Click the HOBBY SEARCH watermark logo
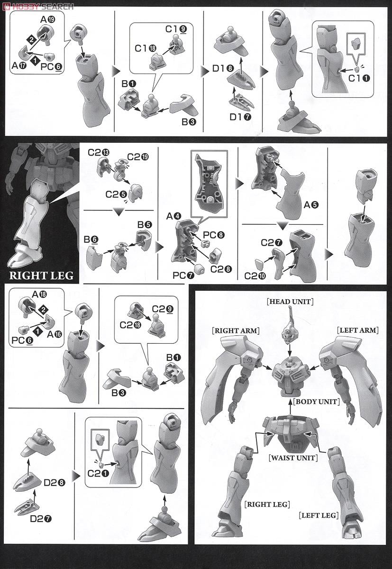click(x=38, y=6)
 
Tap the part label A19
click(x=48, y=19)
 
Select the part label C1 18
click(x=145, y=48)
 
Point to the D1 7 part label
click(x=240, y=117)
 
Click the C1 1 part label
click(x=359, y=79)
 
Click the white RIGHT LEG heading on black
click(x=41, y=275)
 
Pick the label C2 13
click(x=99, y=152)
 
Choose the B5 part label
click(x=145, y=225)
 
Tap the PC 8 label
click(x=214, y=235)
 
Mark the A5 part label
click(x=311, y=205)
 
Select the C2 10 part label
click(x=255, y=276)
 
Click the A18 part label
click(x=39, y=294)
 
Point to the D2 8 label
click(x=55, y=483)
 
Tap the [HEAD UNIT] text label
click(x=290, y=302)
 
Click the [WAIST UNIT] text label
click(x=293, y=458)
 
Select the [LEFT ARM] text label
click(x=357, y=330)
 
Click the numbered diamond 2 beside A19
click(x=31, y=39)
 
